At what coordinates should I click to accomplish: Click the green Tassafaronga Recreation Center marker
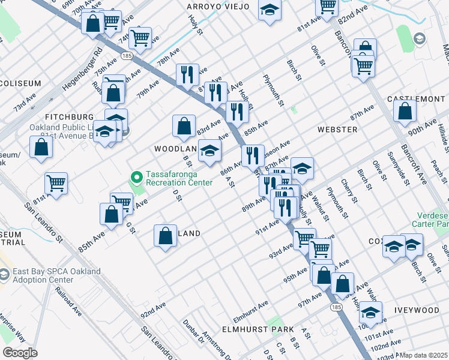136,177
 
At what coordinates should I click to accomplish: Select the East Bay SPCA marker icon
5,275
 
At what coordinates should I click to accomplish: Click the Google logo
20,353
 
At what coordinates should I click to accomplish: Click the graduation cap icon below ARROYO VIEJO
270,10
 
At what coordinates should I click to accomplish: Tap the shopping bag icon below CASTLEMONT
405,111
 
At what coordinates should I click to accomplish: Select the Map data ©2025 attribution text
423,355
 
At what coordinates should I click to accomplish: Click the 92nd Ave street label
152,310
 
